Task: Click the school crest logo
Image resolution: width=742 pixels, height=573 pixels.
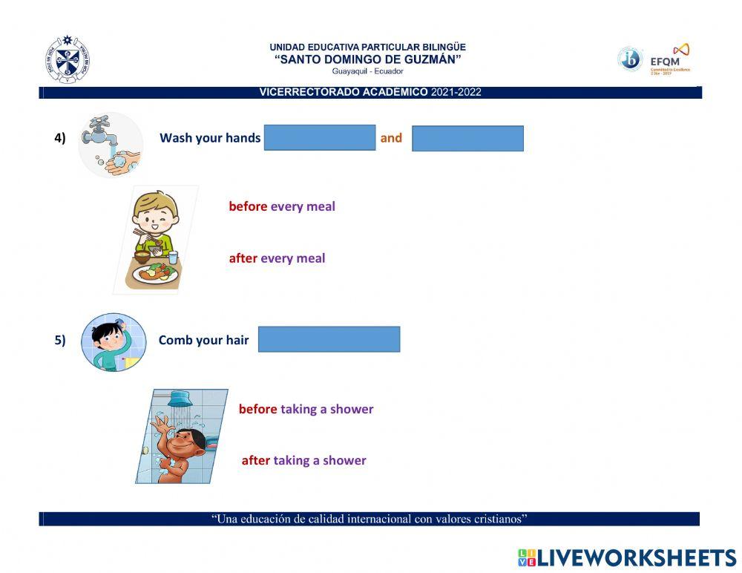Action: [x=68, y=59]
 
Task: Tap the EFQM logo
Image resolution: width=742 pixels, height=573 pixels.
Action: [x=671, y=59]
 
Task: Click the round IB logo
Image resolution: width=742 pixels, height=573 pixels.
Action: [x=630, y=59]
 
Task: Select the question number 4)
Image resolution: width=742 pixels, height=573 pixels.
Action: [x=60, y=137]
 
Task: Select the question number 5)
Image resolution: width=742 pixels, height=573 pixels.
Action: [x=60, y=340]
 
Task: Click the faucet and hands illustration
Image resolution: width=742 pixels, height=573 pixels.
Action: [x=111, y=145]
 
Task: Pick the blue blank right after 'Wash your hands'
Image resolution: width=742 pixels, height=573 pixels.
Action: [x=320, y=138]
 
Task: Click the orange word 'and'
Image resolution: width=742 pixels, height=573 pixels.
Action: [x=391, y=137]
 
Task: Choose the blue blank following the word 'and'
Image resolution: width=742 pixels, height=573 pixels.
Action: [x=467, y=139]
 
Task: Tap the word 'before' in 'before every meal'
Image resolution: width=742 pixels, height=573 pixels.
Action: [x=248, y=206]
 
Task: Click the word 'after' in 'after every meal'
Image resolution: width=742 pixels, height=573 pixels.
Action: [x=243, y=258]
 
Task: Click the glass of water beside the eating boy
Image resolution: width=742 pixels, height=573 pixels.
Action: [x=173, y=257]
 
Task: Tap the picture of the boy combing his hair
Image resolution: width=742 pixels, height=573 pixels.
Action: [x=113, y=342]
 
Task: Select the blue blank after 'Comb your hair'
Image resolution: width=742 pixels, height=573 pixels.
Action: [x=329, y=339]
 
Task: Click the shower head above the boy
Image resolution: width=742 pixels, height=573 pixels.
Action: [x=180, y=400]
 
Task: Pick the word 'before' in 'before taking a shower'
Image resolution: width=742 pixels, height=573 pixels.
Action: [x=257, y=409]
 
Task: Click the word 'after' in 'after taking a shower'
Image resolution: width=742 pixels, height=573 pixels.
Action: [x=256, y=460]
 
